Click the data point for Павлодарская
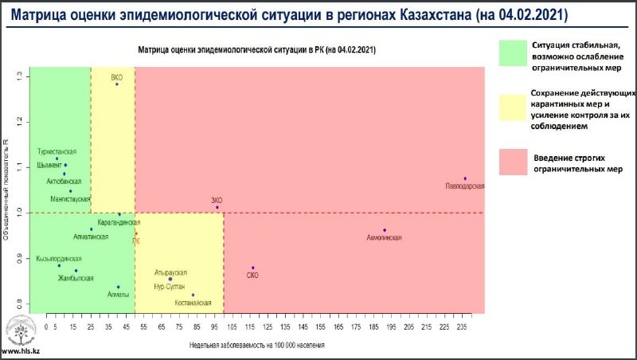[464, 178]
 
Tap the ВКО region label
[117, 76]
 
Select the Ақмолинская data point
[384, 230]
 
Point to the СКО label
[252, 276]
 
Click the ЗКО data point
[217, 208]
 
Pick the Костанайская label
[192, 303]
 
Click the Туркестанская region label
[57, 151]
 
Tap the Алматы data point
[118, 287]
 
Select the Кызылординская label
[59, 259]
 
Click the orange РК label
[136, 241]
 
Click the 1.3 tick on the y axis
[18, 76]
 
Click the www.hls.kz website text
[21, 350]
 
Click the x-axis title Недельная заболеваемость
[256, 346]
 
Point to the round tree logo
[21, 330]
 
